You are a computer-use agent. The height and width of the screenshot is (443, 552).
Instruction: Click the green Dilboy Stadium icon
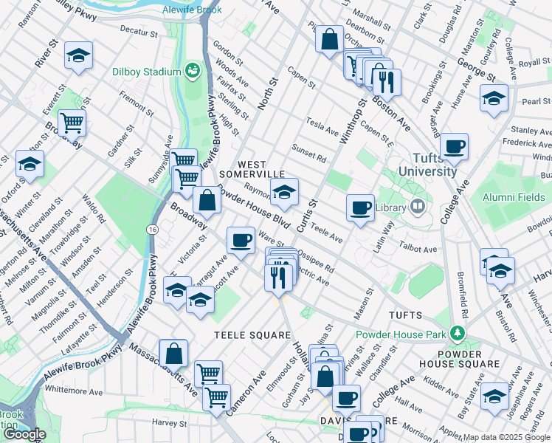point(193,70)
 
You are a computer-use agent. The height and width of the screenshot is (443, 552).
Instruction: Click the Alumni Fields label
point(514,197)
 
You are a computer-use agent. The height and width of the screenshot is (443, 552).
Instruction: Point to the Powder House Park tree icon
point(458,334)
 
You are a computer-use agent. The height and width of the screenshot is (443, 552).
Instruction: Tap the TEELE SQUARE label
point(252,334)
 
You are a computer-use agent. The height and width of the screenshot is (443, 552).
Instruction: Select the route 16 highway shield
point(151,230)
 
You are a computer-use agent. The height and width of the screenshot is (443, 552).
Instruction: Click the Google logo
point(24,434)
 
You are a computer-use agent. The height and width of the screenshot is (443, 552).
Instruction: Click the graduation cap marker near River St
point(77,55)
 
